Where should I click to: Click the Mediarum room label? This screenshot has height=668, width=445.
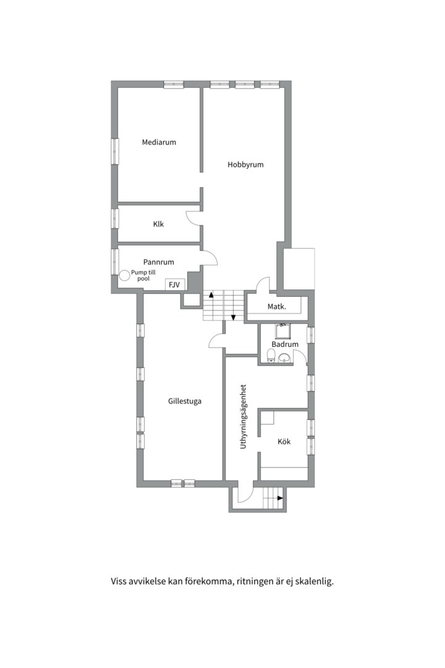[159, 142]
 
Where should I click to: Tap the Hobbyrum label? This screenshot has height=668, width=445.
[245, 165]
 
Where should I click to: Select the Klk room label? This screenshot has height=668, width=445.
[158, 224]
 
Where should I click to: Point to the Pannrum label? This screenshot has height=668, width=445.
[159, 262]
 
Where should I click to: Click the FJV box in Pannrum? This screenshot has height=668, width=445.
[174, 285]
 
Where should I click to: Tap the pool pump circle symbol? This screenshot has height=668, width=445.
[124, 276]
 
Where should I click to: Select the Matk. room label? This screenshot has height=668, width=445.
[276, 307]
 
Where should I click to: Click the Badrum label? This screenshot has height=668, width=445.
[285, 345]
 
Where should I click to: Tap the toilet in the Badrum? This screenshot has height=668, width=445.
[271, 355]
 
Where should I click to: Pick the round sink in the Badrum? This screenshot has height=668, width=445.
[284, 358]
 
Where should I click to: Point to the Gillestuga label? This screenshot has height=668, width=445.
[185, 401]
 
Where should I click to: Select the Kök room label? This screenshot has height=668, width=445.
[284, 442]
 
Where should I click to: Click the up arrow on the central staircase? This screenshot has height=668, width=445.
[211, 294]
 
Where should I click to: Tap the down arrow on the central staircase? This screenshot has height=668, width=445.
[234, 317]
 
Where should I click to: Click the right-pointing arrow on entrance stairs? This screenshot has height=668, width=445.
[279, 497]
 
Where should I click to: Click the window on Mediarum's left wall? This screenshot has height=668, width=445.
[114, 151]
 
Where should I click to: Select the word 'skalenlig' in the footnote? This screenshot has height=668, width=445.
[313, 581]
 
